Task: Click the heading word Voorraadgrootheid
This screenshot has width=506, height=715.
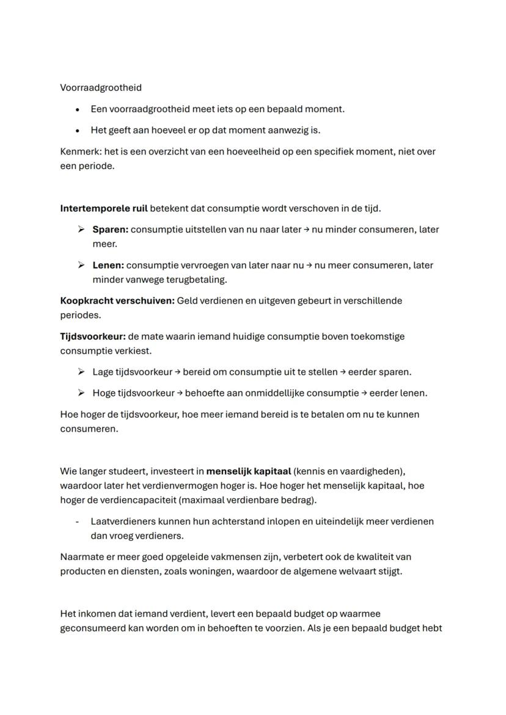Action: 101,88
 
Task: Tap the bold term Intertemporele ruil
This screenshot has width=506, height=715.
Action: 104,208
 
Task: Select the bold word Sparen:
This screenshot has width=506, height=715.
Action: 110,230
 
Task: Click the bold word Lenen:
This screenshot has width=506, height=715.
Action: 108,266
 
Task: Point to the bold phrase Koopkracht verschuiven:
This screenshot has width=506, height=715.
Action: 117,300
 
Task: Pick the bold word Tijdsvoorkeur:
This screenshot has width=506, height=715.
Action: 93,336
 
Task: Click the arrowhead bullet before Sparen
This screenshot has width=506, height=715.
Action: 81,230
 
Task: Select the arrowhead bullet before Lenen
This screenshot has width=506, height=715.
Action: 81,266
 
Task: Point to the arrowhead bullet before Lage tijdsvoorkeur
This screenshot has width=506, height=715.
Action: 81,372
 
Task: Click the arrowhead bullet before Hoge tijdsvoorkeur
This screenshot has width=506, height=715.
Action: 81,393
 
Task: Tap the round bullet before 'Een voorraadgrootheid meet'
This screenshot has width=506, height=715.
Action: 78,109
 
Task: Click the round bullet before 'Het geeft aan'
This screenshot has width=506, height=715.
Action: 78,131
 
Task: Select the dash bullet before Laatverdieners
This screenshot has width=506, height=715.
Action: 78,521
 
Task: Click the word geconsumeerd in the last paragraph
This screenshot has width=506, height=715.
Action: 90,628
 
